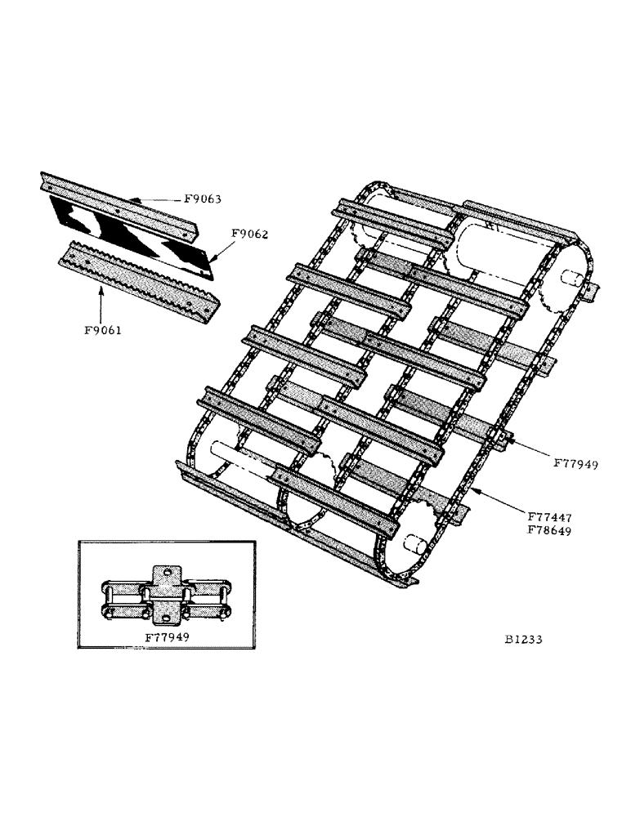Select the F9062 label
coord(249,234)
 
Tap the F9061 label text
coord(101,330)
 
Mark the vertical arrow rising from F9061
coord(100,302)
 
